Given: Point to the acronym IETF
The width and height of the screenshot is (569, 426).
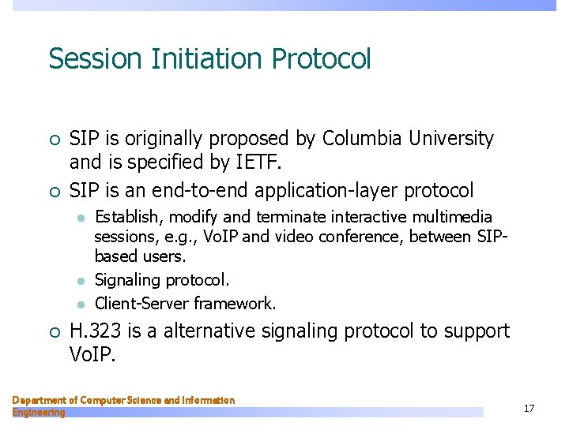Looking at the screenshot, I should click(259, 164).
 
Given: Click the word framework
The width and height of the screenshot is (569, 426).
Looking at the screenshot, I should click(235, 303).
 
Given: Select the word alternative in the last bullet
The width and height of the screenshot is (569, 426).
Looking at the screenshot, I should click(220, 331).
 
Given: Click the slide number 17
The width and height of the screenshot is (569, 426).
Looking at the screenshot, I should click(529, 408).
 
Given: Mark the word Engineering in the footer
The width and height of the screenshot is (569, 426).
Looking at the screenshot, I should click(39, 413).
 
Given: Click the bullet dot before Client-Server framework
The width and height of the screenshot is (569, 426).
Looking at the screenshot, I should click(80, 304).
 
